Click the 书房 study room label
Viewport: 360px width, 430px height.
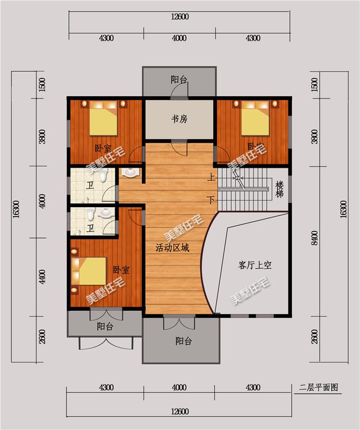coord(179,119)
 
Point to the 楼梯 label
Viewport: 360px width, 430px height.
coord(280,190)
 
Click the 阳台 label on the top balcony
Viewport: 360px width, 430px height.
coord(179,80)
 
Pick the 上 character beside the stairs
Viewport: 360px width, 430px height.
coord(211,177)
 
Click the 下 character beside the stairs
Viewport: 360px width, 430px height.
coord(211,199)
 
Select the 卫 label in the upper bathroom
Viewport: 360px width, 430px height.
coord(90,185)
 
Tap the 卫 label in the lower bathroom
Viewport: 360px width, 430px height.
coord(90,228)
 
